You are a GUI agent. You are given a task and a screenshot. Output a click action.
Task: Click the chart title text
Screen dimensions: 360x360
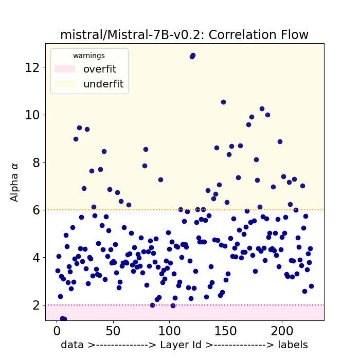(184, 35)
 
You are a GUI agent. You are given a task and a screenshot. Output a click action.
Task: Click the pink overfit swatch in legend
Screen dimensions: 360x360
(65, 69)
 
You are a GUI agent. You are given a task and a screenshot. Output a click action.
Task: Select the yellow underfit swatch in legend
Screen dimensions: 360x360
(65, 84)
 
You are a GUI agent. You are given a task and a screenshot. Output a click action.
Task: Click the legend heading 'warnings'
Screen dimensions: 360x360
(88, 56)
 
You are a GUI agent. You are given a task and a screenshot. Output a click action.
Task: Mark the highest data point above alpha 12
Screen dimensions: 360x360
(193, 55)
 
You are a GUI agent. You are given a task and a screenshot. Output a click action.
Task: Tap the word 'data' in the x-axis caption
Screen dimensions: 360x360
(71, 345)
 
